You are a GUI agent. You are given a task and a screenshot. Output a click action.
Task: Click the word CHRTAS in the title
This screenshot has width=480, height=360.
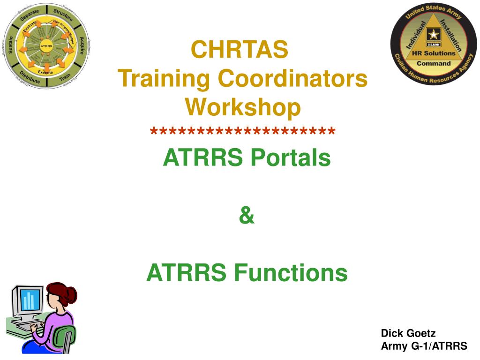click(x=240, y=50)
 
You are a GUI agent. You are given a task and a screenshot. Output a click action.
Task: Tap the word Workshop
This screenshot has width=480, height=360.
click(x=243, y=107)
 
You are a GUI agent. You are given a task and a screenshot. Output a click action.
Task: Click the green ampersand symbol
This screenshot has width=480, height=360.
click(x=247, y=216)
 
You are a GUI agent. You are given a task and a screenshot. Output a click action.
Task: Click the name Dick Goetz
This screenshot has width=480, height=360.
click(x=408, y=333)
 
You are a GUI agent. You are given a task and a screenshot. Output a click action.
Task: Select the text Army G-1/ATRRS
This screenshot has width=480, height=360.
click(x=424, y=346)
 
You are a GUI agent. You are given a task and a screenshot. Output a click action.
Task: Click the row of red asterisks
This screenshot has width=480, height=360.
click(x=243, y=132)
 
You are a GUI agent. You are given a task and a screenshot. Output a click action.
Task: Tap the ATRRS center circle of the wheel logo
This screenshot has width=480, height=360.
click(x=46, y=46)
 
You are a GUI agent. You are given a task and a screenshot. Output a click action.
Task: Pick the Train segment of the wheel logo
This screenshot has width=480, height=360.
click(x=65, y=76)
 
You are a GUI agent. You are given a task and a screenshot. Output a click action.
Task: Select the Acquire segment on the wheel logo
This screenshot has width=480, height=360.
click(x=82, y=45)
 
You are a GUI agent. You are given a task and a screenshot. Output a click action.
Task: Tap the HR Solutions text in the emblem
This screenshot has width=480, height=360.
click(x=433, y=53)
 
